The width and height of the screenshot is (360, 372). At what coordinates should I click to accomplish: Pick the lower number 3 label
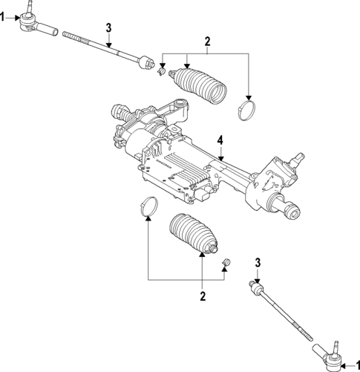coord(258,262)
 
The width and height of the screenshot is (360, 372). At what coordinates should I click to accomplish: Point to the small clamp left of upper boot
coord(163,71)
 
